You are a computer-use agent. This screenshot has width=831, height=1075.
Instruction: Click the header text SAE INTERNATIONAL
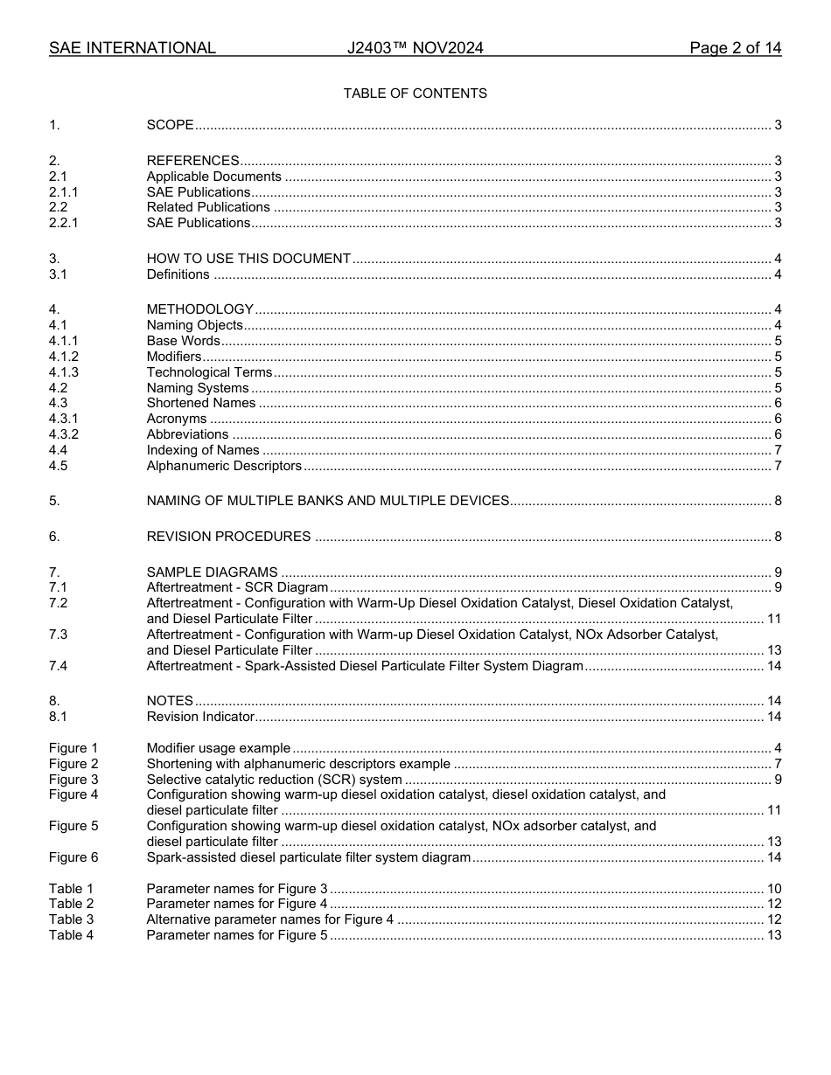click(132, 48)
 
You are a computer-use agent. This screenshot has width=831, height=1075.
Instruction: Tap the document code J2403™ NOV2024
click(415, 48)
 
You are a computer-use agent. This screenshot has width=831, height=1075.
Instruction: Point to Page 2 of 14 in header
click(735, 48)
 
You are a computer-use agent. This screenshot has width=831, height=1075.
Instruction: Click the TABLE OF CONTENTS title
click(415, 94)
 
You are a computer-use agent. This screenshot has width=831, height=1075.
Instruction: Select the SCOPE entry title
click(170, 125)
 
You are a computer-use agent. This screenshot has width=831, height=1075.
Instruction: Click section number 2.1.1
click(63, 192)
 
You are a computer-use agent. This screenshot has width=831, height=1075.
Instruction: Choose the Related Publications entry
click(208, 207)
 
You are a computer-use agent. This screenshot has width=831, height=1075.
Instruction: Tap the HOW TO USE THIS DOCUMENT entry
click(248, 259)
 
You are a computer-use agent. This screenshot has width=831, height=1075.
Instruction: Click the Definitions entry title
click(178, 274)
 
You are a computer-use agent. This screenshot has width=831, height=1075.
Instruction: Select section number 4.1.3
click(64, 372)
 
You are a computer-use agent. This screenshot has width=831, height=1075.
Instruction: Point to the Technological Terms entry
click(209, 372)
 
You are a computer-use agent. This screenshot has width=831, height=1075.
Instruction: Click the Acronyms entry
click(176, 420)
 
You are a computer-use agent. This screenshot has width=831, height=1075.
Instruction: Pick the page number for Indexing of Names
click(778, 450)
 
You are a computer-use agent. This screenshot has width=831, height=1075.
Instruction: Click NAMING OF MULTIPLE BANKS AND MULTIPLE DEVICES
click(327, 501)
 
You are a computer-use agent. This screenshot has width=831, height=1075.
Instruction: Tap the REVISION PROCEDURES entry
click(228, 537)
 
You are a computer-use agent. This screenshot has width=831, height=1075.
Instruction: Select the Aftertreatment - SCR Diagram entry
click(237, 587)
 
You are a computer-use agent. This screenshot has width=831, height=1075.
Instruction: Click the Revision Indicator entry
click(200, 717)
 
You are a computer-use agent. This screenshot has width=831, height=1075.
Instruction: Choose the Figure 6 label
click(73, 857)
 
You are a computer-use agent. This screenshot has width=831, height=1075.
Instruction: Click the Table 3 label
click(71, 919)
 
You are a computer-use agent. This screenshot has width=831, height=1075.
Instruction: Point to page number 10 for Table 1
click(774, 889)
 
